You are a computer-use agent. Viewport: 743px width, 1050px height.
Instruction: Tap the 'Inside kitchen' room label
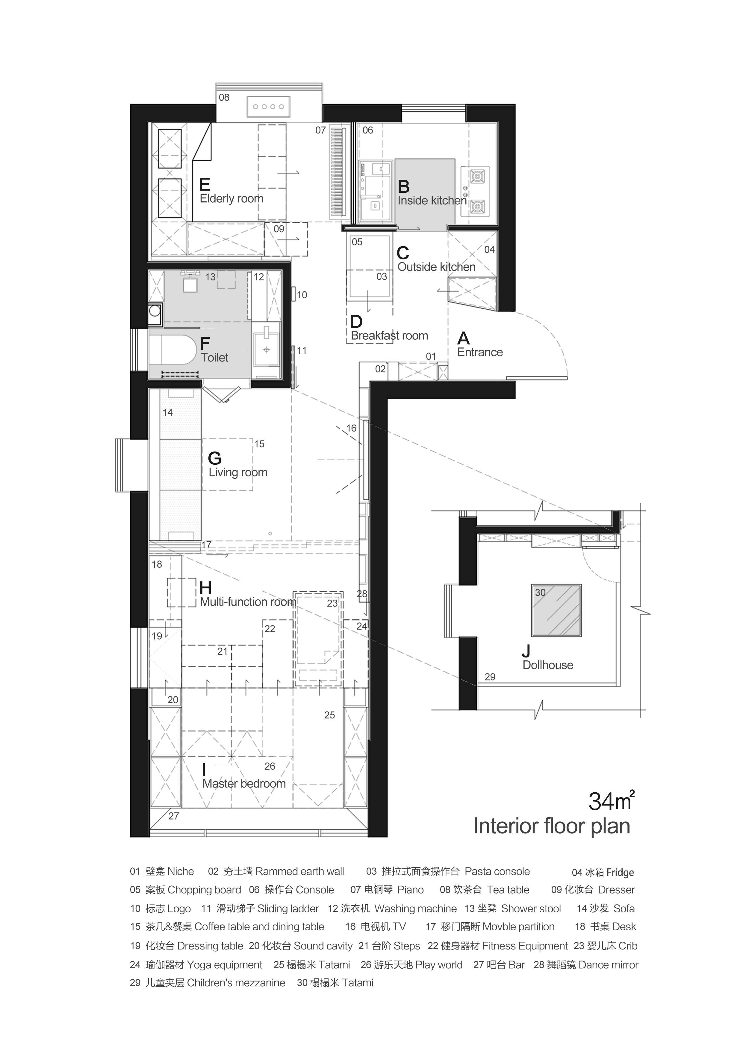coord(432,201)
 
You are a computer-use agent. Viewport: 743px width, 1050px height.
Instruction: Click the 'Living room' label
coord(238,472)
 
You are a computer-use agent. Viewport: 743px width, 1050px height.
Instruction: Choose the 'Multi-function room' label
coord(248,602)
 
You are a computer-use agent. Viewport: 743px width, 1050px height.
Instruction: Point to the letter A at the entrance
coord(463,338)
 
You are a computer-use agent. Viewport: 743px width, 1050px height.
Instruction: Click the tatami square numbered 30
coord(556,610)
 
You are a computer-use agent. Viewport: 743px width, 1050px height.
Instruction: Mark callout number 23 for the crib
coord(332,604)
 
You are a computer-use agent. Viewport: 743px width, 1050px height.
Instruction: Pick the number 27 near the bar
coord(173,816)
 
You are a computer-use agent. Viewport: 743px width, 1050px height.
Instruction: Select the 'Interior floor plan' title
coord(552,826)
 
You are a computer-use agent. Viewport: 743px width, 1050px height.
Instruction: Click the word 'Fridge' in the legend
coord(620,873)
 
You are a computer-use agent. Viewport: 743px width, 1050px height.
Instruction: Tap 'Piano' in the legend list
coord(410,890)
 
